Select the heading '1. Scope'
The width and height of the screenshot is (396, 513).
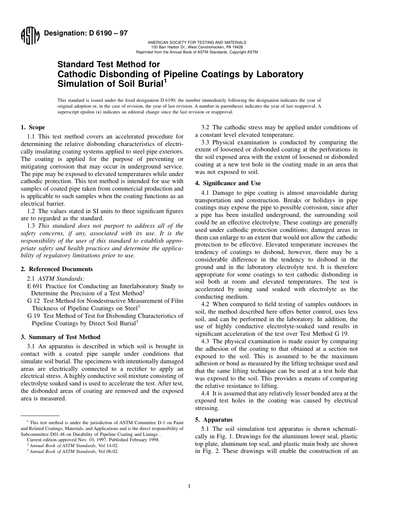tap(33, 128)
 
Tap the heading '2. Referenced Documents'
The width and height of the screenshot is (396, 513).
tap(57, 269)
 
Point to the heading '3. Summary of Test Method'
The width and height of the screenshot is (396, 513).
tap(60, 337)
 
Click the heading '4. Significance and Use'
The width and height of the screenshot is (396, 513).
tap(228, 183)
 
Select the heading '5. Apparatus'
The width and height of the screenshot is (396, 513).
tap(214, 420)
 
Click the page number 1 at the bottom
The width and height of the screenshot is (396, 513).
tap(189, 486)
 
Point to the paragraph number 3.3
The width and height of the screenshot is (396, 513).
tap(206, 143)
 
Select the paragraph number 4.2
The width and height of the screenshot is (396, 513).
tap(206, 304)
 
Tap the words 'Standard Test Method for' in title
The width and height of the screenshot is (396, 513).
tap(108, 65)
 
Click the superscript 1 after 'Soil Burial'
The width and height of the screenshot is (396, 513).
tap(165, 80)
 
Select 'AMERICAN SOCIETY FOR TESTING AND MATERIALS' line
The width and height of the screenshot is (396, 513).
tap(197, 43)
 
